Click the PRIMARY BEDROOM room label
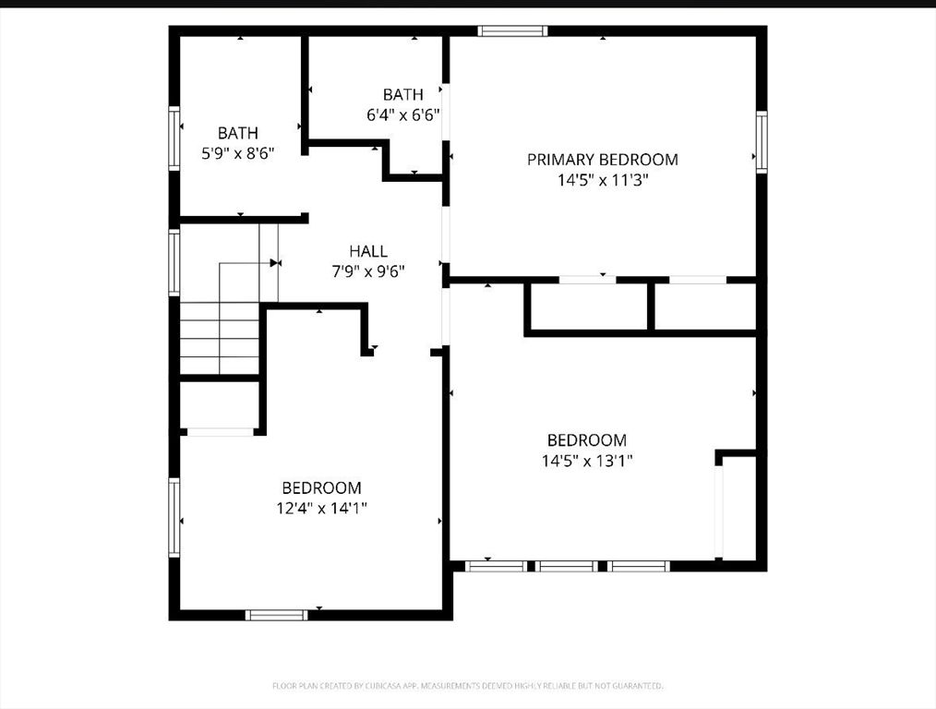[602, 160]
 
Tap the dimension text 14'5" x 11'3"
[602, 181]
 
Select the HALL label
[368, 251]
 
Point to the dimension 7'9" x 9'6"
[368, 271]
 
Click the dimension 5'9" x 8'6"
[238, 153]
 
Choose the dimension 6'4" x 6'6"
[402, 114]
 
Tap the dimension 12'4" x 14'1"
[321, 508]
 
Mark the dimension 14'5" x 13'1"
[587, 461]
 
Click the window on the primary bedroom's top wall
[512, 31]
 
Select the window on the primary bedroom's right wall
[762, 142]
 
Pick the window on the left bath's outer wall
[173, 138]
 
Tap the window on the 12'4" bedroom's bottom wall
[277, 615]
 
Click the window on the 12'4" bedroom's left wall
[173, 517]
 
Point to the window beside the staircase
[173, 262]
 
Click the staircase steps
[220, 332]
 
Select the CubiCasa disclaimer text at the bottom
[467, 686]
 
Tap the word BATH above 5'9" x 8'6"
[238, 133]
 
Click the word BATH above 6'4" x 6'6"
[402, 94]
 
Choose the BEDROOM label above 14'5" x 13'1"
[587, 440]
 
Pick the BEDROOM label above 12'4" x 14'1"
[321, 487]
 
